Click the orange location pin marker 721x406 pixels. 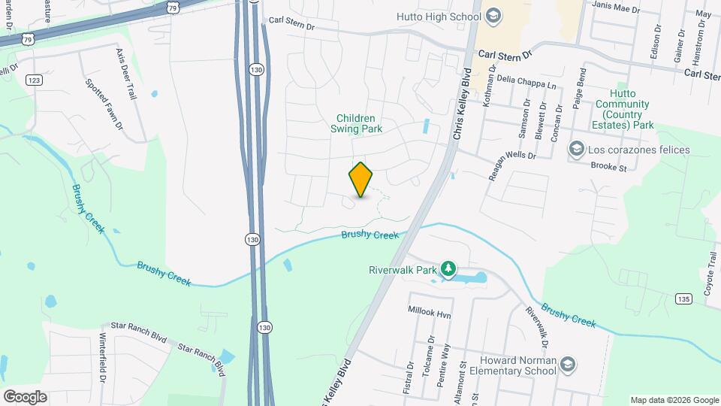[360, 180]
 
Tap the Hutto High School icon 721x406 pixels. [493, 15]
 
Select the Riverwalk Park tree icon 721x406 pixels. [448, 268]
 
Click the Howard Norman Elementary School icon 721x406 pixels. [568, 364]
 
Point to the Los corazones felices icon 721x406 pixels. [576, 150]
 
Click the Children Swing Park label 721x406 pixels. [359, 123]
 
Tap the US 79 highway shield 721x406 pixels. [173, 8]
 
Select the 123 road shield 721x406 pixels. [33, 80]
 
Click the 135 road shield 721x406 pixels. [682, 298]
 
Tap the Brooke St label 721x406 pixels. [608, 167]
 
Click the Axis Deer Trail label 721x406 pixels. [127, 74]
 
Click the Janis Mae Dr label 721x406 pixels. [615, 9]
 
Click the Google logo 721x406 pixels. [25, 396]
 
